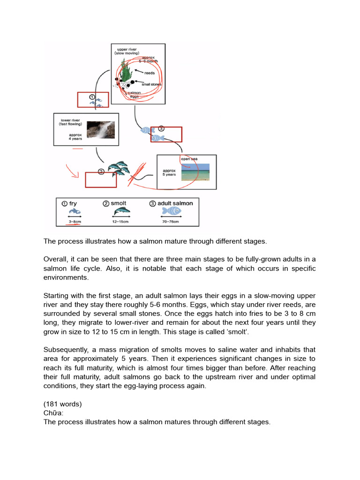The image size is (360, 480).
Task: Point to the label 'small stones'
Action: (x=151, y=84)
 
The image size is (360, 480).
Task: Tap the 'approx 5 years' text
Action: (x=169, y=172)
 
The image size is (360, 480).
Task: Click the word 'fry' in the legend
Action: (x=73, y=203)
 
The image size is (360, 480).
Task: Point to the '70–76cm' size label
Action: (x=171, y=221)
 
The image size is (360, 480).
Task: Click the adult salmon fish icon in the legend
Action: (x=171, y=211)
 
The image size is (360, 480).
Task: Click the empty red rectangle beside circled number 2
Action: (x=100, y=180)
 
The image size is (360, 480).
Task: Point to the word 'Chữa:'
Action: (x=53, y=413)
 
